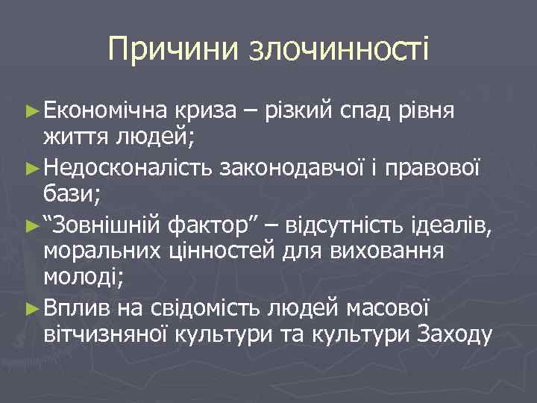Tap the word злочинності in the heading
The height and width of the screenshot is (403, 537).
[x=339, y=49]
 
